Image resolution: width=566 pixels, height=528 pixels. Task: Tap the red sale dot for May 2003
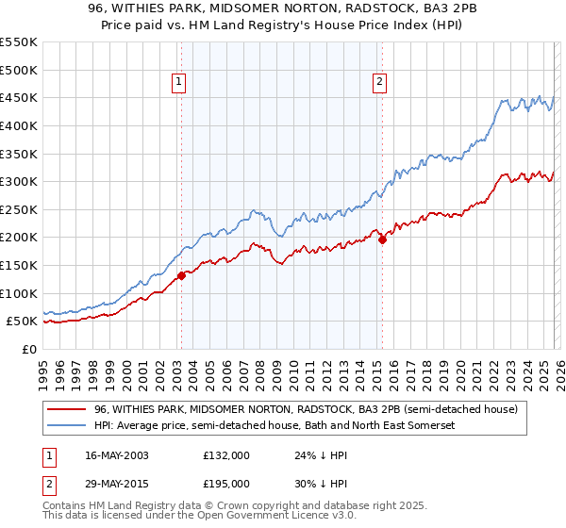click(x=181, y=275)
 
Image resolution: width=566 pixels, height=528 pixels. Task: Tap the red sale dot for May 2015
click(x=382, y=240)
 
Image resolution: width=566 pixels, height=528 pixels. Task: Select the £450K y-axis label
click(x=19, y=98)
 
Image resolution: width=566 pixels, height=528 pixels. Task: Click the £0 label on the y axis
click(x=29, y=349)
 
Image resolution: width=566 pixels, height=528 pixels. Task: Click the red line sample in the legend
click(x=66, y=410)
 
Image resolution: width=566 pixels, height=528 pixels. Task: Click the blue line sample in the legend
click(x=66, y=426)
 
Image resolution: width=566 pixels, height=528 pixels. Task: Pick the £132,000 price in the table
click(x=225, y=455)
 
